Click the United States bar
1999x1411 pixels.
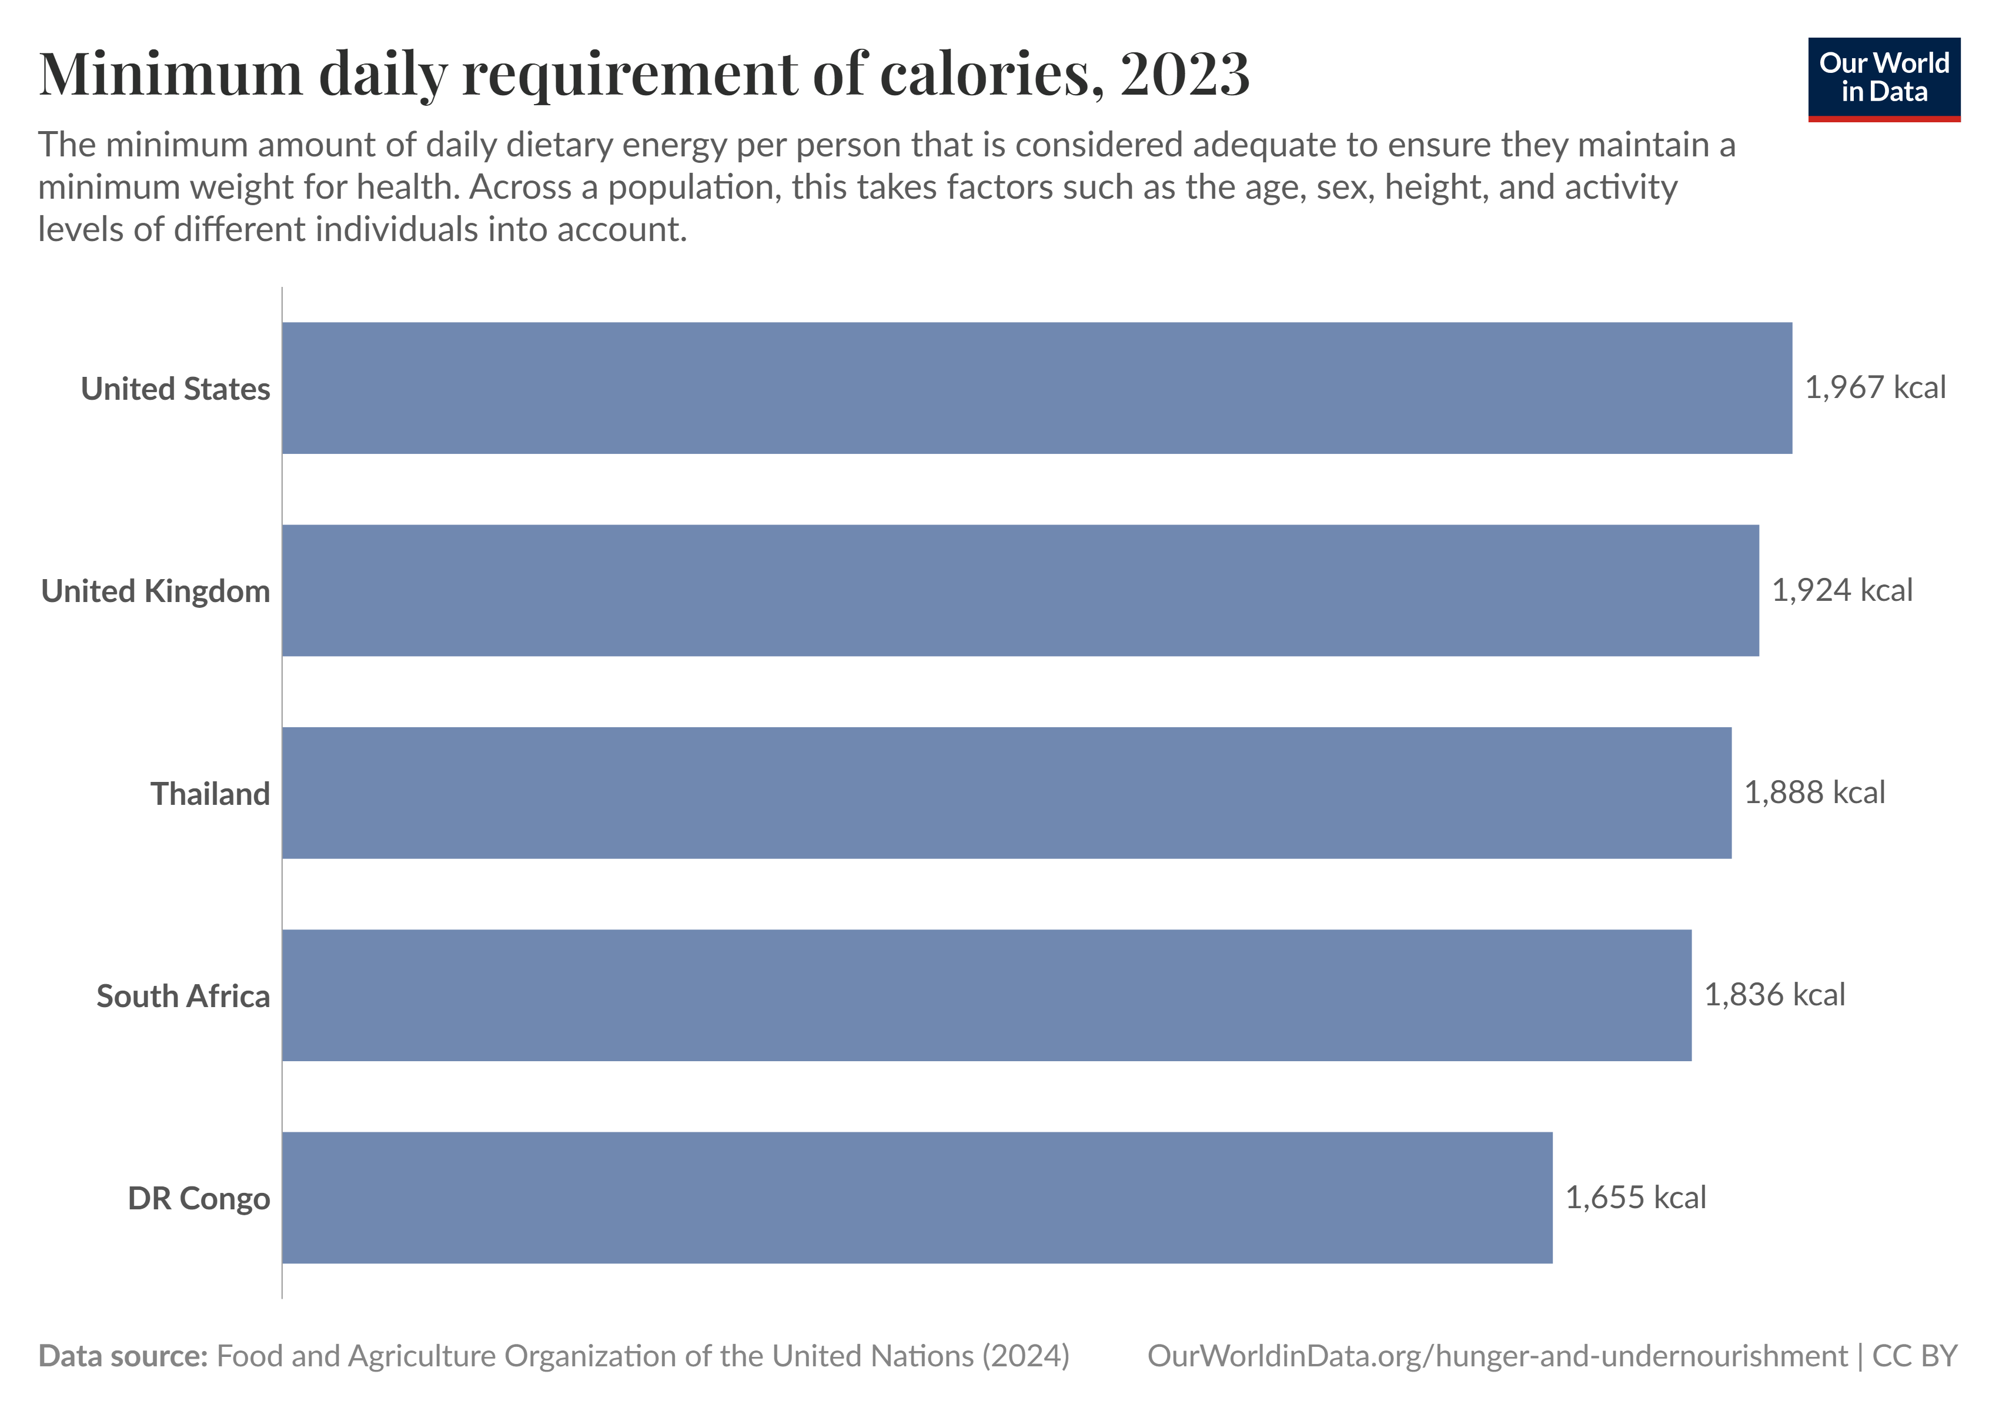[x=1036, y=388]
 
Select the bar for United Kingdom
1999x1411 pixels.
[x=1019, y=590]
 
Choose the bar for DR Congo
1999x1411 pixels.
[x=916, y=1198]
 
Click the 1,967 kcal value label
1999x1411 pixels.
[x=1874, y=388]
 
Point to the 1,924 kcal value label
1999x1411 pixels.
[x=1841, y=590]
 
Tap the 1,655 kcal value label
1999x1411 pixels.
[x=1635, y=1198]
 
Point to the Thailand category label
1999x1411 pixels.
[x=210, y=794]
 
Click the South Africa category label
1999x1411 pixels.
[x=183, y=997]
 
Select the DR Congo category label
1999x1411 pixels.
[x=199, y=1199]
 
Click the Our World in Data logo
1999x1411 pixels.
[x=1883, y=78]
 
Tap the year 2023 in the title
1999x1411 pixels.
[x=1184, y=74]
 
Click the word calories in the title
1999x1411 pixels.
[x=992, y=74]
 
